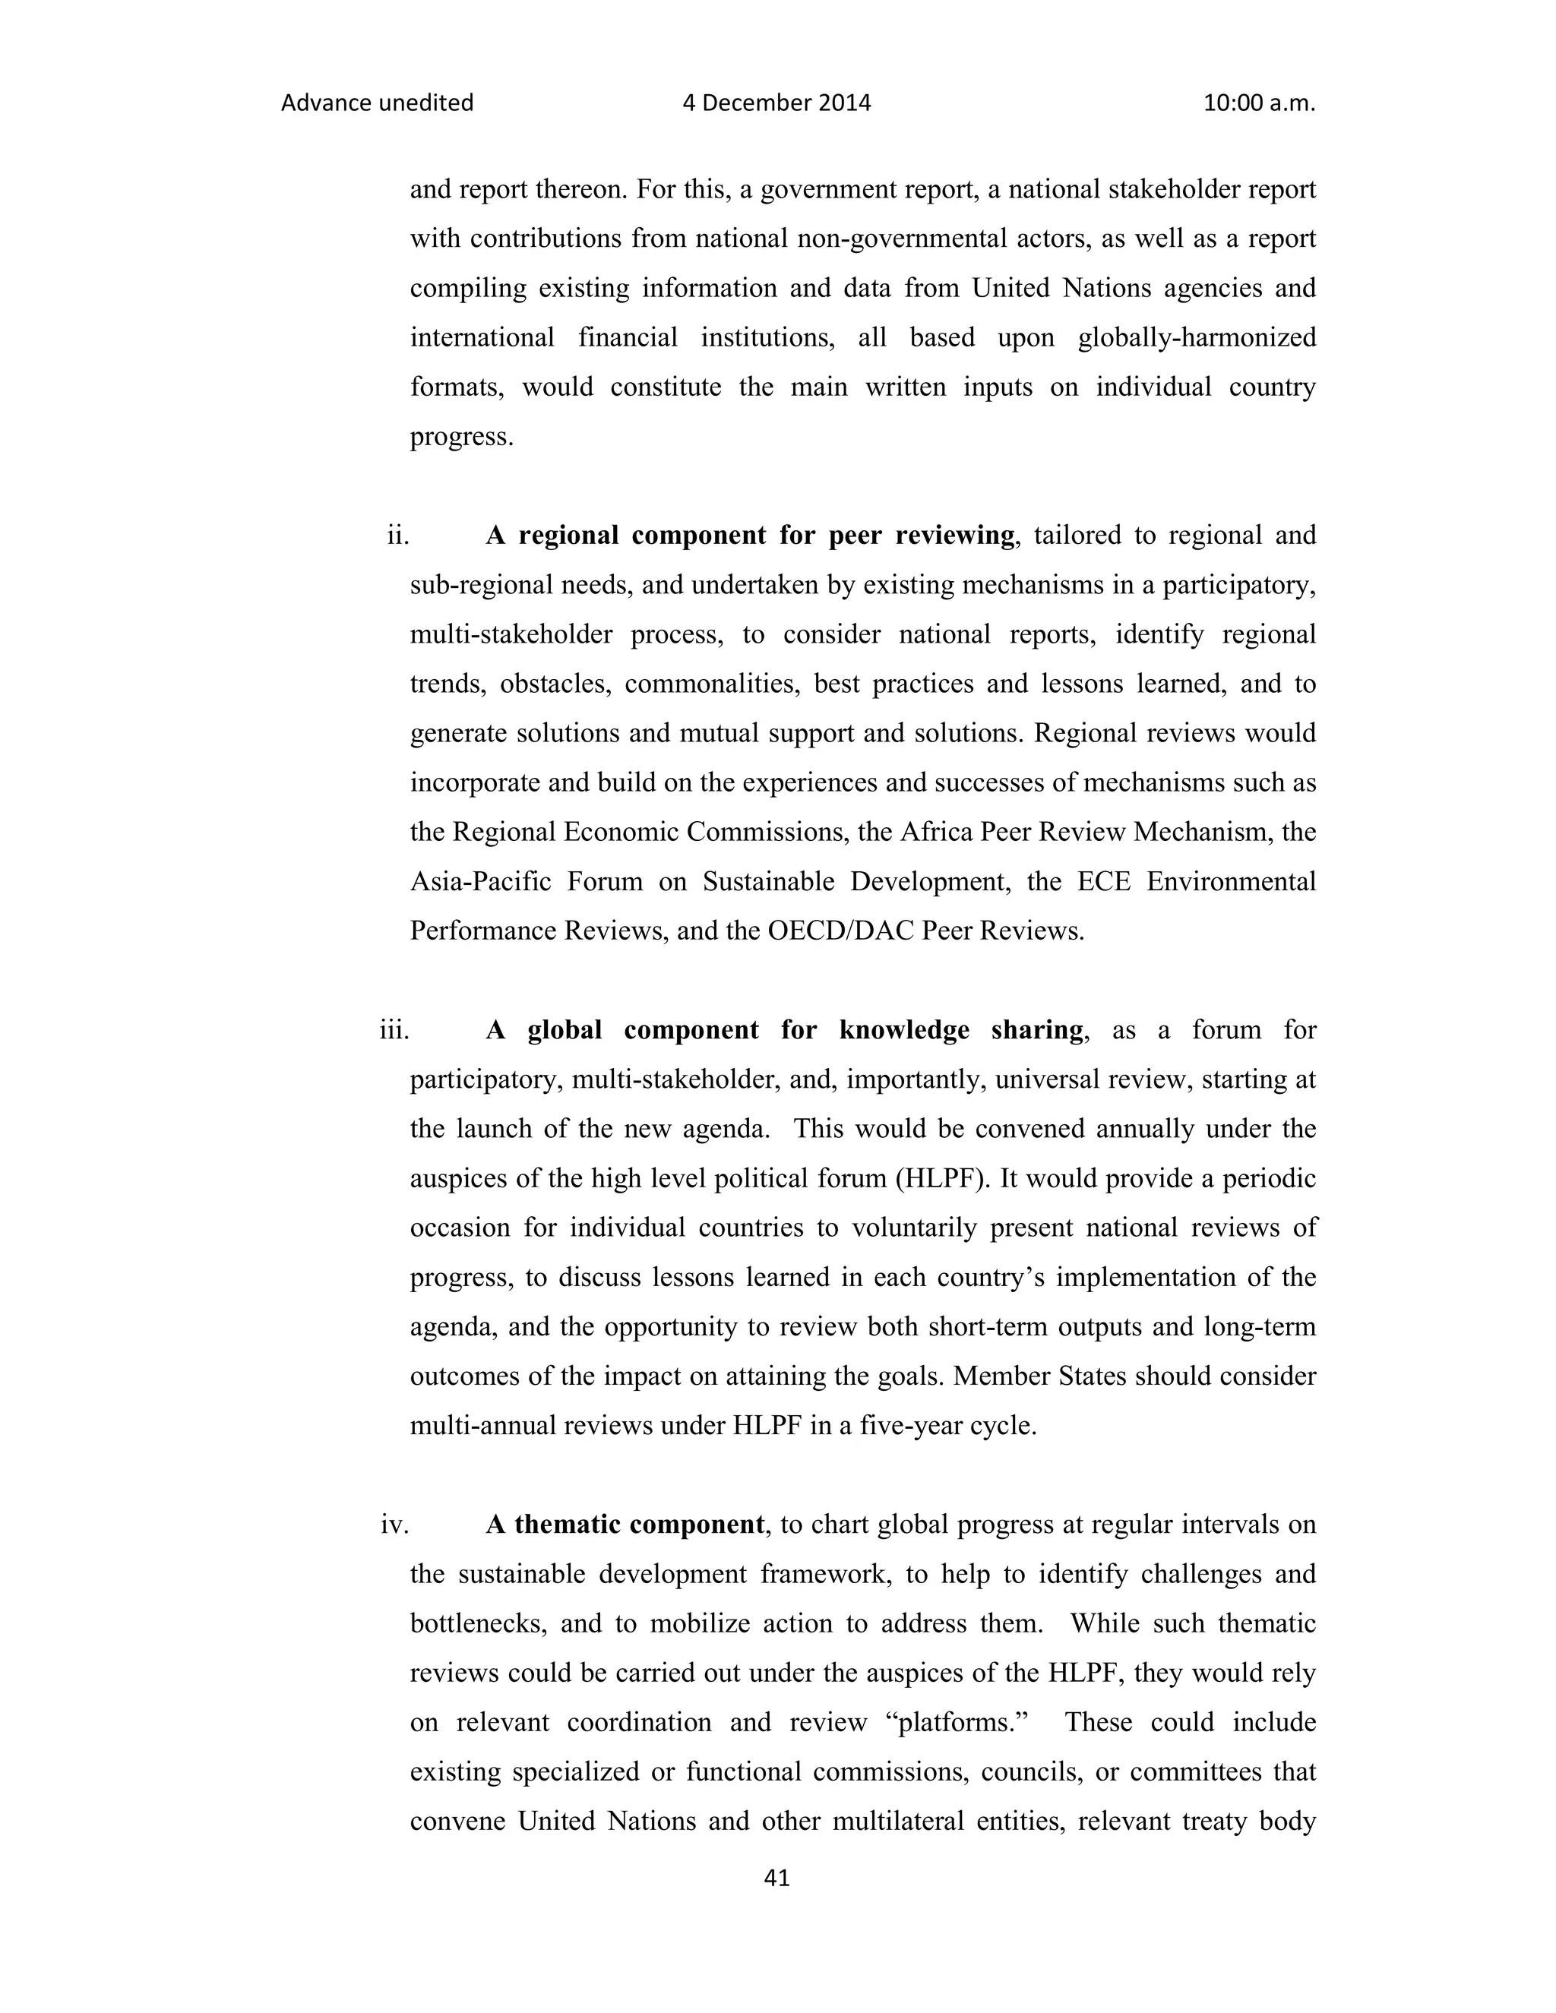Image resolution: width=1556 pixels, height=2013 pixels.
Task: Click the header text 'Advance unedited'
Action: (376, 103)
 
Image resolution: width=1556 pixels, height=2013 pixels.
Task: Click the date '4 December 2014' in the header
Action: (776, 103)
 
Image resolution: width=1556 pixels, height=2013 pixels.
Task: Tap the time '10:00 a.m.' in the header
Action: (1258, 103)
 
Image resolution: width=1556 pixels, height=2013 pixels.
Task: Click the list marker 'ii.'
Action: (397, 536)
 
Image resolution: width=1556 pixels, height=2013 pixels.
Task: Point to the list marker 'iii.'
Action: (394, 1031)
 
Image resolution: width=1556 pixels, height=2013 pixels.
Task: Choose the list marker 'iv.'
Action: (394, 1525)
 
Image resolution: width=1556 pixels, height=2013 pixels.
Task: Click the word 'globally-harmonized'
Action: (1196, 337)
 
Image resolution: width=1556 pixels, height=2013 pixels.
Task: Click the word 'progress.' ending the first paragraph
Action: (461, 437)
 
